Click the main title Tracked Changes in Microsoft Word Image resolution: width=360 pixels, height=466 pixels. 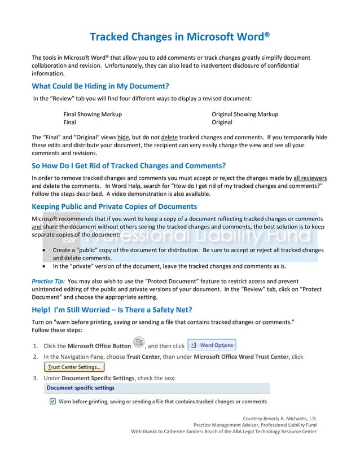coord(179,37)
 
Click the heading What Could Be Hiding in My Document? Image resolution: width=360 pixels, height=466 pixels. coord(100,86)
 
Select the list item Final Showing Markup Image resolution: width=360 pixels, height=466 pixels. coord(92,114)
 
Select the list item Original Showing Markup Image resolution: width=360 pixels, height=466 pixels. coord(244,114)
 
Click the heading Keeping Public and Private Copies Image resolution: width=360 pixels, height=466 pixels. coord(114,206)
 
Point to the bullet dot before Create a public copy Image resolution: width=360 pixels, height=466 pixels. coord(45,250)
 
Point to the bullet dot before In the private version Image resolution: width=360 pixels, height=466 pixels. coord(45,266)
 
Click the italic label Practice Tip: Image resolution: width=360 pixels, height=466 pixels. coord(48,281)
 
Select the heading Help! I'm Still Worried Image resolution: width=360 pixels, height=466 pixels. coord(112,309)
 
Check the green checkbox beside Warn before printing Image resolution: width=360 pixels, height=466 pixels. coord(52,402)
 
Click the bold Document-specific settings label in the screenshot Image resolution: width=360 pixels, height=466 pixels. coord(80,388)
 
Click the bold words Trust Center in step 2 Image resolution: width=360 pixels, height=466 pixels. coord(141,357)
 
